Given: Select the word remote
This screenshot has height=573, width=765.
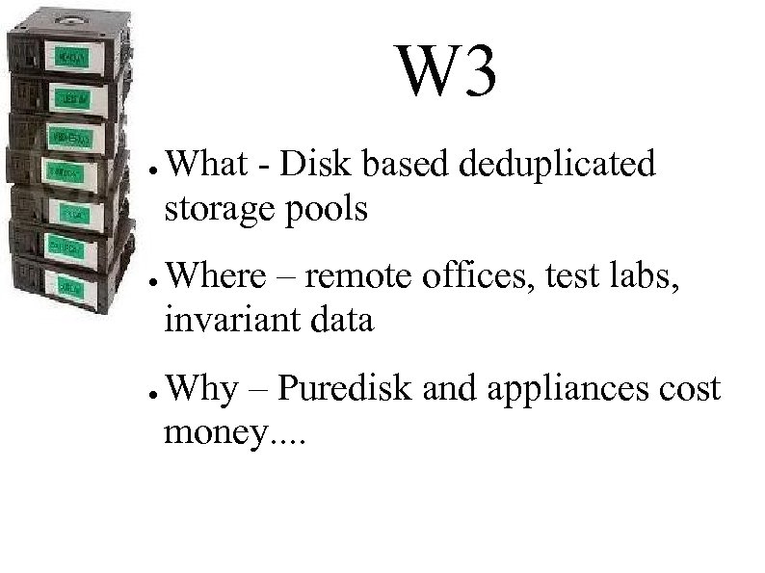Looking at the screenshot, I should [357, 276].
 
